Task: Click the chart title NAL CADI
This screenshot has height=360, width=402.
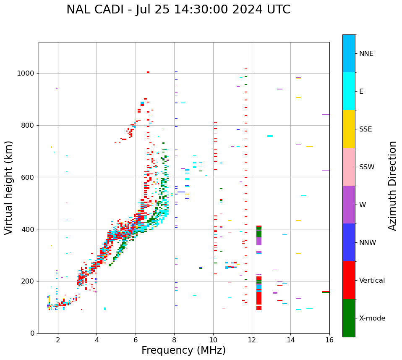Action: (178, 10)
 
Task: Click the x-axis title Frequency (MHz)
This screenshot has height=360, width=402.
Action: (183, 350)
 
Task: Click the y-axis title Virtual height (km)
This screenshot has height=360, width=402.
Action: (9, 187)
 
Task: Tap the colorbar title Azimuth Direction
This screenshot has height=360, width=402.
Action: (392, 185)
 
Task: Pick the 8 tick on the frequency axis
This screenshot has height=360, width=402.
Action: (174, 339)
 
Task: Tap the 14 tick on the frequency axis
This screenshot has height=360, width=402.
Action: (290, 339)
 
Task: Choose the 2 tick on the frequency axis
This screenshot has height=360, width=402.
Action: (58, 339)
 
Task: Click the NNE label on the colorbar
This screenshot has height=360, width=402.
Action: (366, 54)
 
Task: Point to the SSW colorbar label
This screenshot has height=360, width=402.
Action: (367, 167)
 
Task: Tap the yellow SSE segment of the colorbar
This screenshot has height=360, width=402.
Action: (349, 129)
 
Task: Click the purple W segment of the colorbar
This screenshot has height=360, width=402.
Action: (349, 205)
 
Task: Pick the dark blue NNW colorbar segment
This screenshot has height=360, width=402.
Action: (349, 242)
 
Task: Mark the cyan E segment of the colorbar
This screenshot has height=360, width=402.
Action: (349, 91)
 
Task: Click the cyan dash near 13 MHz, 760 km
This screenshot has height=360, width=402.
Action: (270, 136)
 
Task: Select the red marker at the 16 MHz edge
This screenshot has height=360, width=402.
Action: (326, 292)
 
